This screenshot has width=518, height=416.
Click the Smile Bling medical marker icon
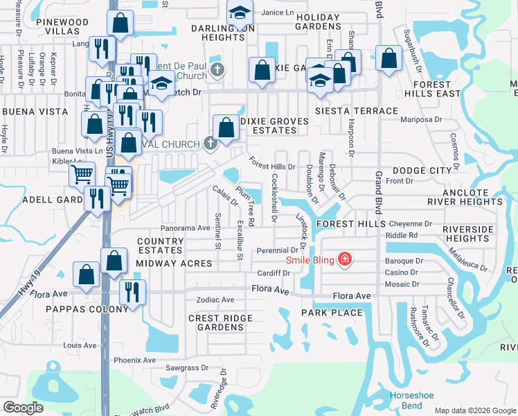345,260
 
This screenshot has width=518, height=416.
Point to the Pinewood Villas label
62,27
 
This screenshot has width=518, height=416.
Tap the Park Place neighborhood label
332,313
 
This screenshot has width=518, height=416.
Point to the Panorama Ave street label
185,227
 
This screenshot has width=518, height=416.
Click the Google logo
23,408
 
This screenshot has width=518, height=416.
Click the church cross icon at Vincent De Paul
217,69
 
